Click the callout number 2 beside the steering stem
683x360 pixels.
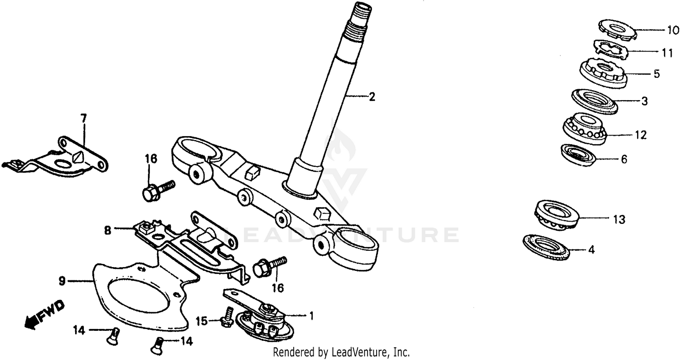[372, 96]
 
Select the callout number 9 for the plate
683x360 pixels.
[62, 282]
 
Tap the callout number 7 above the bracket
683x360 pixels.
[83, 118]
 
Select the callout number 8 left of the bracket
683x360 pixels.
[107, 230]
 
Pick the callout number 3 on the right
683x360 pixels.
[644, 101]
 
